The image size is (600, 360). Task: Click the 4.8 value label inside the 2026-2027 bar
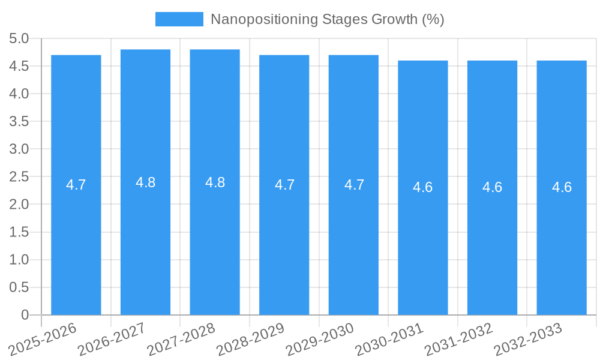point(146,183)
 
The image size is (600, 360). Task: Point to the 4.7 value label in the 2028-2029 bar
point(284,185)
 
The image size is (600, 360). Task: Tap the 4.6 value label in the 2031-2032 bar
point(493,187)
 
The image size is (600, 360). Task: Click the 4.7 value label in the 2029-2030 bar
point(354,185)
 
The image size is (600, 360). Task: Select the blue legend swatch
point(179,19)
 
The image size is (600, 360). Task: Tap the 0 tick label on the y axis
point(25,314)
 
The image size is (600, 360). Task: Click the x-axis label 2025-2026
point(44,337)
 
